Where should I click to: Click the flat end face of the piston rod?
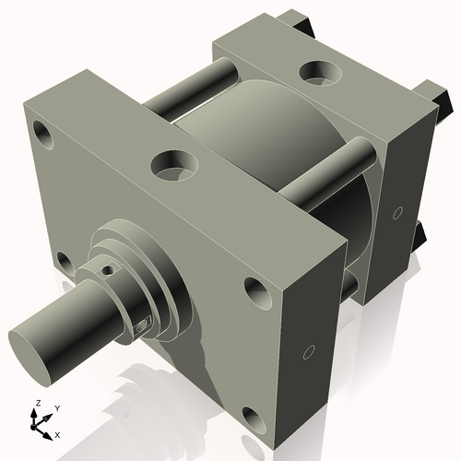[x=30, y=346]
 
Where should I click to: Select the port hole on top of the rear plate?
[x=323, y=70]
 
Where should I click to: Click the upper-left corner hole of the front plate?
[x=41, y=129]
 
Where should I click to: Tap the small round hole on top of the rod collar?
[x=110, y=271]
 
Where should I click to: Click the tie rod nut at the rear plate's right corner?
[x=431, y=90]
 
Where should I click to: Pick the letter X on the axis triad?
[x=58, y=433]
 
